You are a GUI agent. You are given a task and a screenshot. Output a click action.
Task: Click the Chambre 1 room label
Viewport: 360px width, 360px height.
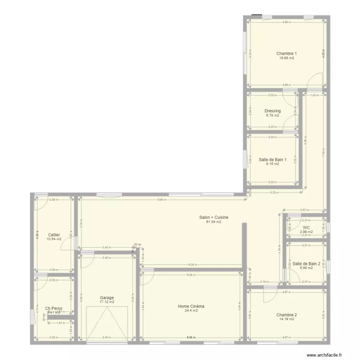pos(287,53)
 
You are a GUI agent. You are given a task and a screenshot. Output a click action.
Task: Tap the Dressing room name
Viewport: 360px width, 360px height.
pos(272,111)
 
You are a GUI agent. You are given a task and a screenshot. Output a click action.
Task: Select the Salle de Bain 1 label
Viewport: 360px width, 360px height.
pos(272,159)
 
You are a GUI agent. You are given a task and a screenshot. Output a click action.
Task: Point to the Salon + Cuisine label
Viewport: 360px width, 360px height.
pos(214,217)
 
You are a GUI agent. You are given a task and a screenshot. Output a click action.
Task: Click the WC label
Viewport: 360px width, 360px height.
pos(306,228)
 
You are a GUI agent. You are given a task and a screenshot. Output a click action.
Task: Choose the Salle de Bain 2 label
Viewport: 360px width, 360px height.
pos(306,264)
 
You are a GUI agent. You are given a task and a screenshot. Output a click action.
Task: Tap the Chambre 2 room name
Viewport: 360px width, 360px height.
pos(287,315)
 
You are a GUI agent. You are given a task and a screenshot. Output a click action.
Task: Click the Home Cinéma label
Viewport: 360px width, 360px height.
pos(191,306)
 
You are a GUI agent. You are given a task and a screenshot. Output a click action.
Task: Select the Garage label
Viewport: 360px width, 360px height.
pos(107,298)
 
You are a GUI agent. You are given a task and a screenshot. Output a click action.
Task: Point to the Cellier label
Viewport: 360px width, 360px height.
pos(54,235)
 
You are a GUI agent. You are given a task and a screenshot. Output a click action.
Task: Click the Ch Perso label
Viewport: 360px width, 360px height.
pos(54,309)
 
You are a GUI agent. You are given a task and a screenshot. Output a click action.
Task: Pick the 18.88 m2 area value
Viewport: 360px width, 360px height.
pos(287,58)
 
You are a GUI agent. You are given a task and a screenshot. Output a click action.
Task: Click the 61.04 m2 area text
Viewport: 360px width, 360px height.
pos(214,222)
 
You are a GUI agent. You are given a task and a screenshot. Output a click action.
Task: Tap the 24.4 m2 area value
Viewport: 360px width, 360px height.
pos(191,311)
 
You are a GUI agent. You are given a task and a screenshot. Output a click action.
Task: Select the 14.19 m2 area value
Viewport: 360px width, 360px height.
pos(287,320)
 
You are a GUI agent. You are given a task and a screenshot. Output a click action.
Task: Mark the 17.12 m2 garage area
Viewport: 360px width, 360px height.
pos(107,302)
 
